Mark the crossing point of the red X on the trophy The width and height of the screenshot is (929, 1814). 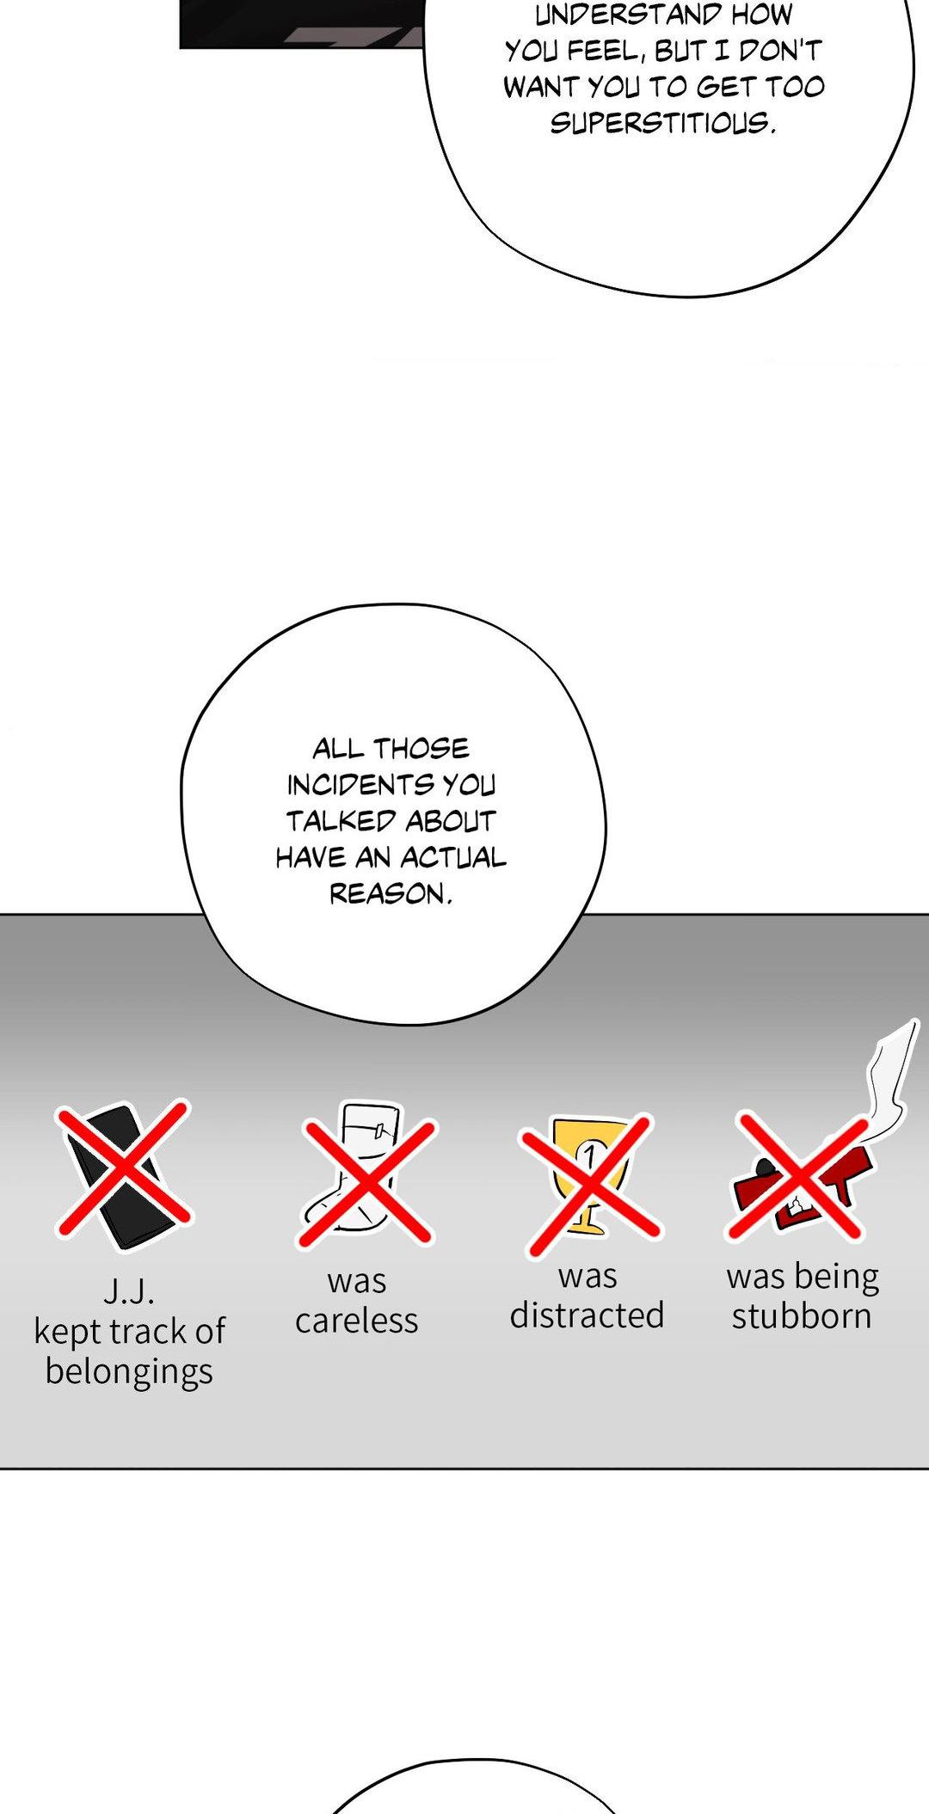[x=589, y=1182]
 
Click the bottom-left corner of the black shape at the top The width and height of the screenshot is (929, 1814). [x=180, y=48]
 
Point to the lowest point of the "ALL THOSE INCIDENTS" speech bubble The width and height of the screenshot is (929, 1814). [x=413, y=1024]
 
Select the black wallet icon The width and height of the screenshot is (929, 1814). [x=116, y=1175]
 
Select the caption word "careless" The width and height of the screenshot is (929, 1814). [x=356, y=1321]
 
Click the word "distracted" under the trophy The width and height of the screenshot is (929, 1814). [x=587, y=1315]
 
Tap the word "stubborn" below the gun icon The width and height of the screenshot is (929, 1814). [x=802, y=1316]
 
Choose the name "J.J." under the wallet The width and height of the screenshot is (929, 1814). [x=129, y=1290]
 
